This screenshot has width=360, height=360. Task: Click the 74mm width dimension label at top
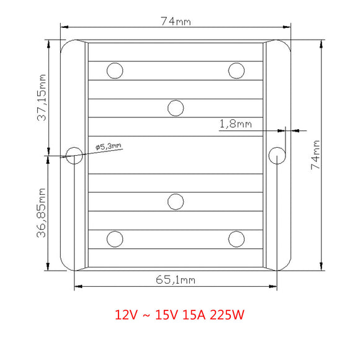[176, 21]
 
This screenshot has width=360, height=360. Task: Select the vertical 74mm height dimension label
[315, 155]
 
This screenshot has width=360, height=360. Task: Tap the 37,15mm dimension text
[42, 98]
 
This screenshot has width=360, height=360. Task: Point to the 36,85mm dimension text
[42, 213]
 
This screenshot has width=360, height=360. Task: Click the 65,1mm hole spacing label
[176, 280]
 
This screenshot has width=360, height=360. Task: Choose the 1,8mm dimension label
[236, 124]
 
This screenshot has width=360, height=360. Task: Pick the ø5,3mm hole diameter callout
[108, 146]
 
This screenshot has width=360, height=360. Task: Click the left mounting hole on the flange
[74, 156]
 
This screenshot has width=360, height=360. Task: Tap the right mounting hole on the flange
[277, 156]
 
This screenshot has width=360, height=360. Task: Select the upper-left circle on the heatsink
[115, 71]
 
